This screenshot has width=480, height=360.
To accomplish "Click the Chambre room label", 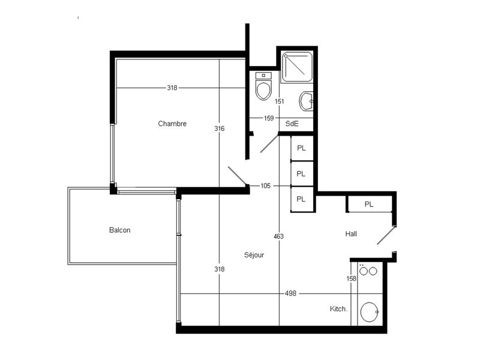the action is tap(172, 124).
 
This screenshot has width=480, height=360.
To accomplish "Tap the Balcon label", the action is tap(119, 230).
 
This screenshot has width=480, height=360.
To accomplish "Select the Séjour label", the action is tap(254, 254).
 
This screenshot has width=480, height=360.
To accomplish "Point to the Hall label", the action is tap(351, 234).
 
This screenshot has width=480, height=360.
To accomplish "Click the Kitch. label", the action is tap(338, 309).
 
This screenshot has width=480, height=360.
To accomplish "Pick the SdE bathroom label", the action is tap(292, 124).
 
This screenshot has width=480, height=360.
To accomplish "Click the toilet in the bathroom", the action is tap(263, 86).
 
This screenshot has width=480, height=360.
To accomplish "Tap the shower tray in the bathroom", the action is tap(297, 67).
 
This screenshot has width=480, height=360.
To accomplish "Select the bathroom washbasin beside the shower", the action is tap(306, 101).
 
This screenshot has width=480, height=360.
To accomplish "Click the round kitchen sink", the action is tap(370, 312).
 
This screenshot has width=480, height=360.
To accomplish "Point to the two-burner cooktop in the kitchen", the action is tap(368, 271).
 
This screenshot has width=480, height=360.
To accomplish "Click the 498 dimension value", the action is tap(290, 293).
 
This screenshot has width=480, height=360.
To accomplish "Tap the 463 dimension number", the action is tap(278, 236).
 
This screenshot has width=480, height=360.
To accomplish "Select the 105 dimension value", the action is tap(265, 185).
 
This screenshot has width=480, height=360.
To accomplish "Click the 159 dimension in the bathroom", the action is tap(268, 118).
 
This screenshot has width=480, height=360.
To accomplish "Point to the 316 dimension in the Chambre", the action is tap(219, 128).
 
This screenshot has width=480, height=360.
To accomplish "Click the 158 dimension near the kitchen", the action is tap(352, 278).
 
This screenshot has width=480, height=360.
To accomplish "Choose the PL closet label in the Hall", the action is tap(369, 204).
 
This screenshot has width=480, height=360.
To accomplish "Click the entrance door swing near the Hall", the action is tap(386, 235).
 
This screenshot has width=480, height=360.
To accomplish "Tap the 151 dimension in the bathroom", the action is tap(279, 101).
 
